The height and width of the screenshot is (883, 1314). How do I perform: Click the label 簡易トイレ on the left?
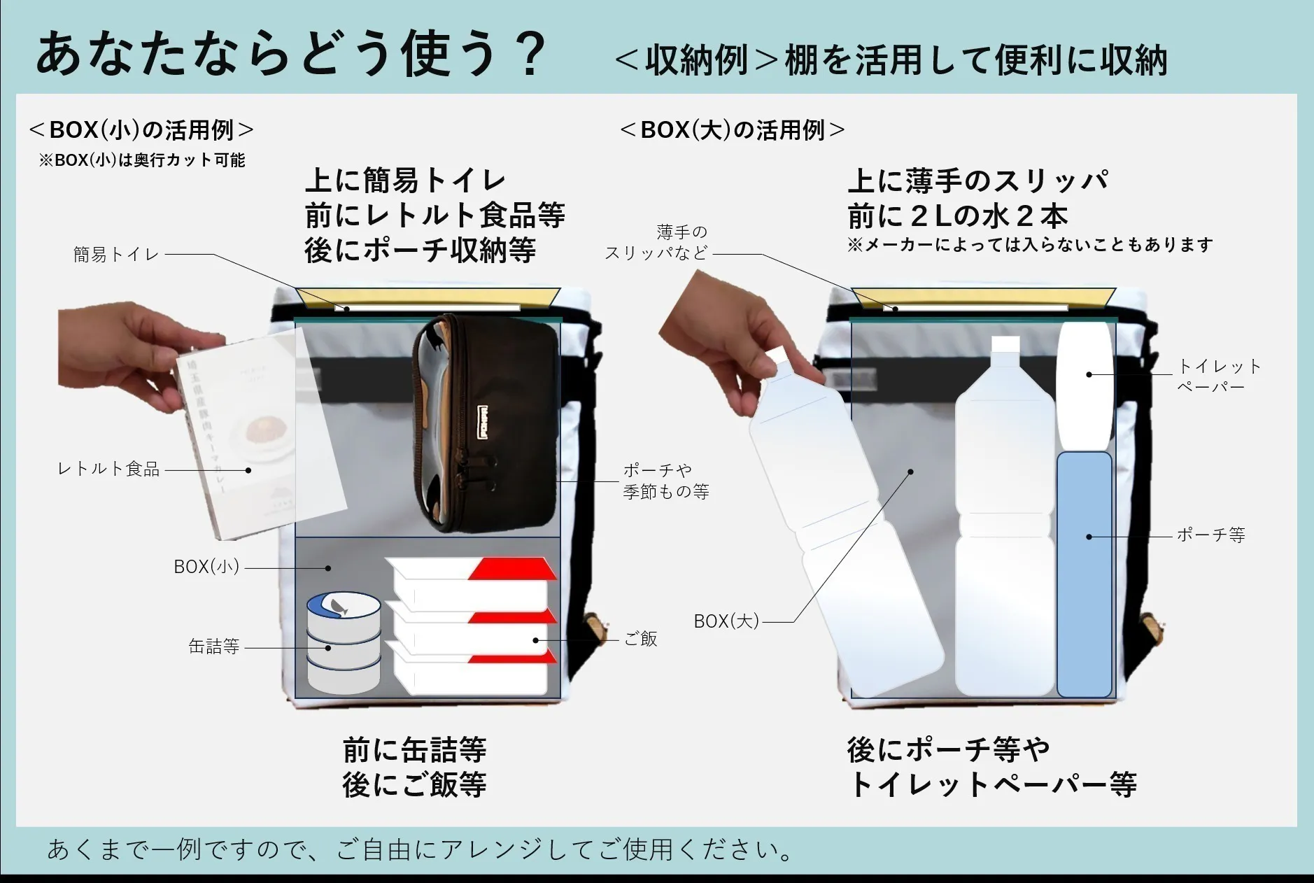(x=116, y=255)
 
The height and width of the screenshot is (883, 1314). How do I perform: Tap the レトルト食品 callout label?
(x=108, y=469)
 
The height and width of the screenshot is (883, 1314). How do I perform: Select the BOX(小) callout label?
(x=206, y=567)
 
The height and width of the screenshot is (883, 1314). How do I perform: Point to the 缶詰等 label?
(x=214, y=647)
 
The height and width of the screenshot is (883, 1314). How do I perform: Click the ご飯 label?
(x=640, y=639)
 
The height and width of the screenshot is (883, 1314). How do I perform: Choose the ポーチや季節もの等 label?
(x=665, y=481)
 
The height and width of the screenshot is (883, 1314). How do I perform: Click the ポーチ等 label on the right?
(x=1210, y=535)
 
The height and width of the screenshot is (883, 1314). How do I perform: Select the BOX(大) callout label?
(x=726, y=621)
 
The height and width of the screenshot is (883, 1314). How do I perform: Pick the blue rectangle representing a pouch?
(x=1084, y=574)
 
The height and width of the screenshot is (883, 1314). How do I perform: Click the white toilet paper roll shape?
(x=1084, y=385)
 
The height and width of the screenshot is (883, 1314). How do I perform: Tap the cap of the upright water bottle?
(x=1005, y=344)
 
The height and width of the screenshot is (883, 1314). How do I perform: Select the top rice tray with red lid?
(x=472, y=577)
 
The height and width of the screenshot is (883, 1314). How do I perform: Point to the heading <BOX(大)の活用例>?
(x=732, y=130)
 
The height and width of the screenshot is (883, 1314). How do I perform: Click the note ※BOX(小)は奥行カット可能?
(x=142, y=160)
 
